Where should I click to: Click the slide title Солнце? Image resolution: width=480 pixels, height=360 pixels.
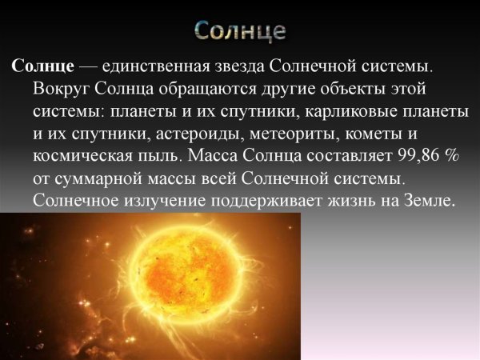(x=240, y=31)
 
